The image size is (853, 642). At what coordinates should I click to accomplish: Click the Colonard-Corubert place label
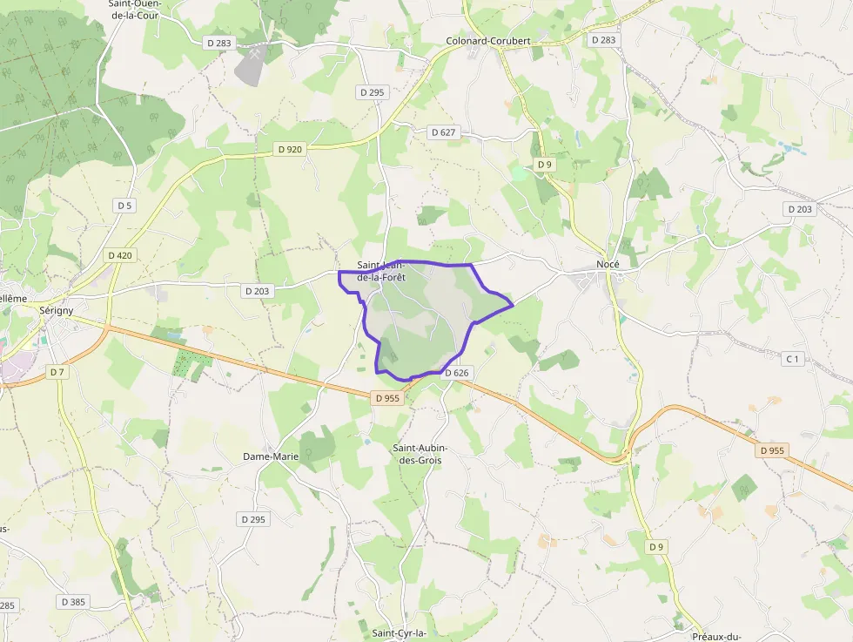click(488, 41)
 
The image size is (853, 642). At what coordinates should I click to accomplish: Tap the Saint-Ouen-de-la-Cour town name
click(135, 9)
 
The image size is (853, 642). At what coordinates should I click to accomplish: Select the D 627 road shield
click(443, 132)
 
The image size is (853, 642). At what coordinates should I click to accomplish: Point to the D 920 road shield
click(291, 149)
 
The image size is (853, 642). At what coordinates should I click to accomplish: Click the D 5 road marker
click(124, 205)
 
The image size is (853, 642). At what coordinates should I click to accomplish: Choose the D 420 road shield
click(121, 255)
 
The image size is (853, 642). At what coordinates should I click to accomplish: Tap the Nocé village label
click(608, 264)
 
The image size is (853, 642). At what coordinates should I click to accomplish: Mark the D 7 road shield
click(57, 372)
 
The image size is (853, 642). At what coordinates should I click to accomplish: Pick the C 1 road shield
click(792, 359)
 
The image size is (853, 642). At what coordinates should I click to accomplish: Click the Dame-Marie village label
click(271, 456)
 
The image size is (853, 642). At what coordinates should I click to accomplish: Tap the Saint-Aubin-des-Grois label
click(420, 454)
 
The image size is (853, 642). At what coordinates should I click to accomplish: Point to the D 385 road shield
click(74, 601)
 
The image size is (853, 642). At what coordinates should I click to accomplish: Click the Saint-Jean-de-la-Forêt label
click(381, 271)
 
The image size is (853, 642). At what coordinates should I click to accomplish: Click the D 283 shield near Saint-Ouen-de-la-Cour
click(219, 42)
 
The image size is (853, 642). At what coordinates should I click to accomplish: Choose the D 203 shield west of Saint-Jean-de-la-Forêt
click(257, 291)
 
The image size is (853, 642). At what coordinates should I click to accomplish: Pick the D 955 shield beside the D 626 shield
click(387, 397)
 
